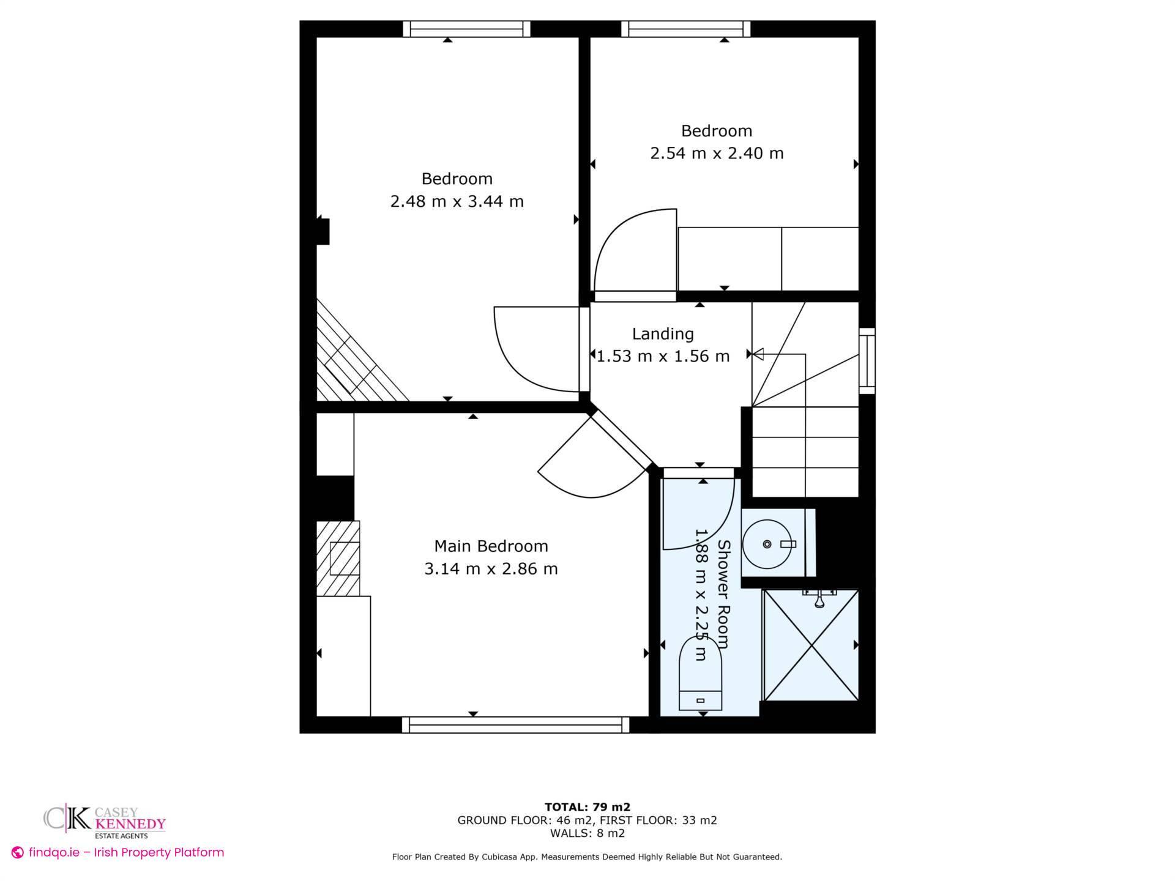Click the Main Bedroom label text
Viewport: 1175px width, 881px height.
(x=491, y=546)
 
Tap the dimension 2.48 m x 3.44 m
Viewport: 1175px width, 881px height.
(x=457, y=201)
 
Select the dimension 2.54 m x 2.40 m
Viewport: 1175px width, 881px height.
(x=716, y=153)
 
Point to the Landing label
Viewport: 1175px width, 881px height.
(x=663, y=334)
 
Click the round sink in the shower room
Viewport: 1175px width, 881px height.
(x=767, y=544)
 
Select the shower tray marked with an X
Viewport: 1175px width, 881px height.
(x=811, y=645)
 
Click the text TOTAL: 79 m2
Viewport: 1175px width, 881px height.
(x=587, y=807)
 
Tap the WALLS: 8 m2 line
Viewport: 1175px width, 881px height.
(x=587, y=833)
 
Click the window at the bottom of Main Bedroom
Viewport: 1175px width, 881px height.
(x=515, y=725)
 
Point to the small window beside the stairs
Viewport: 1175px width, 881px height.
(x=867, y=360)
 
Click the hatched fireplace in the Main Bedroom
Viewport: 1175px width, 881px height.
(x=338, y=558)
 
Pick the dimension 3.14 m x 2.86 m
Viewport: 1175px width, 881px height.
(x=491, y=569)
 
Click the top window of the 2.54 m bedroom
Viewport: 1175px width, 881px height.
(x=686, y=29)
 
